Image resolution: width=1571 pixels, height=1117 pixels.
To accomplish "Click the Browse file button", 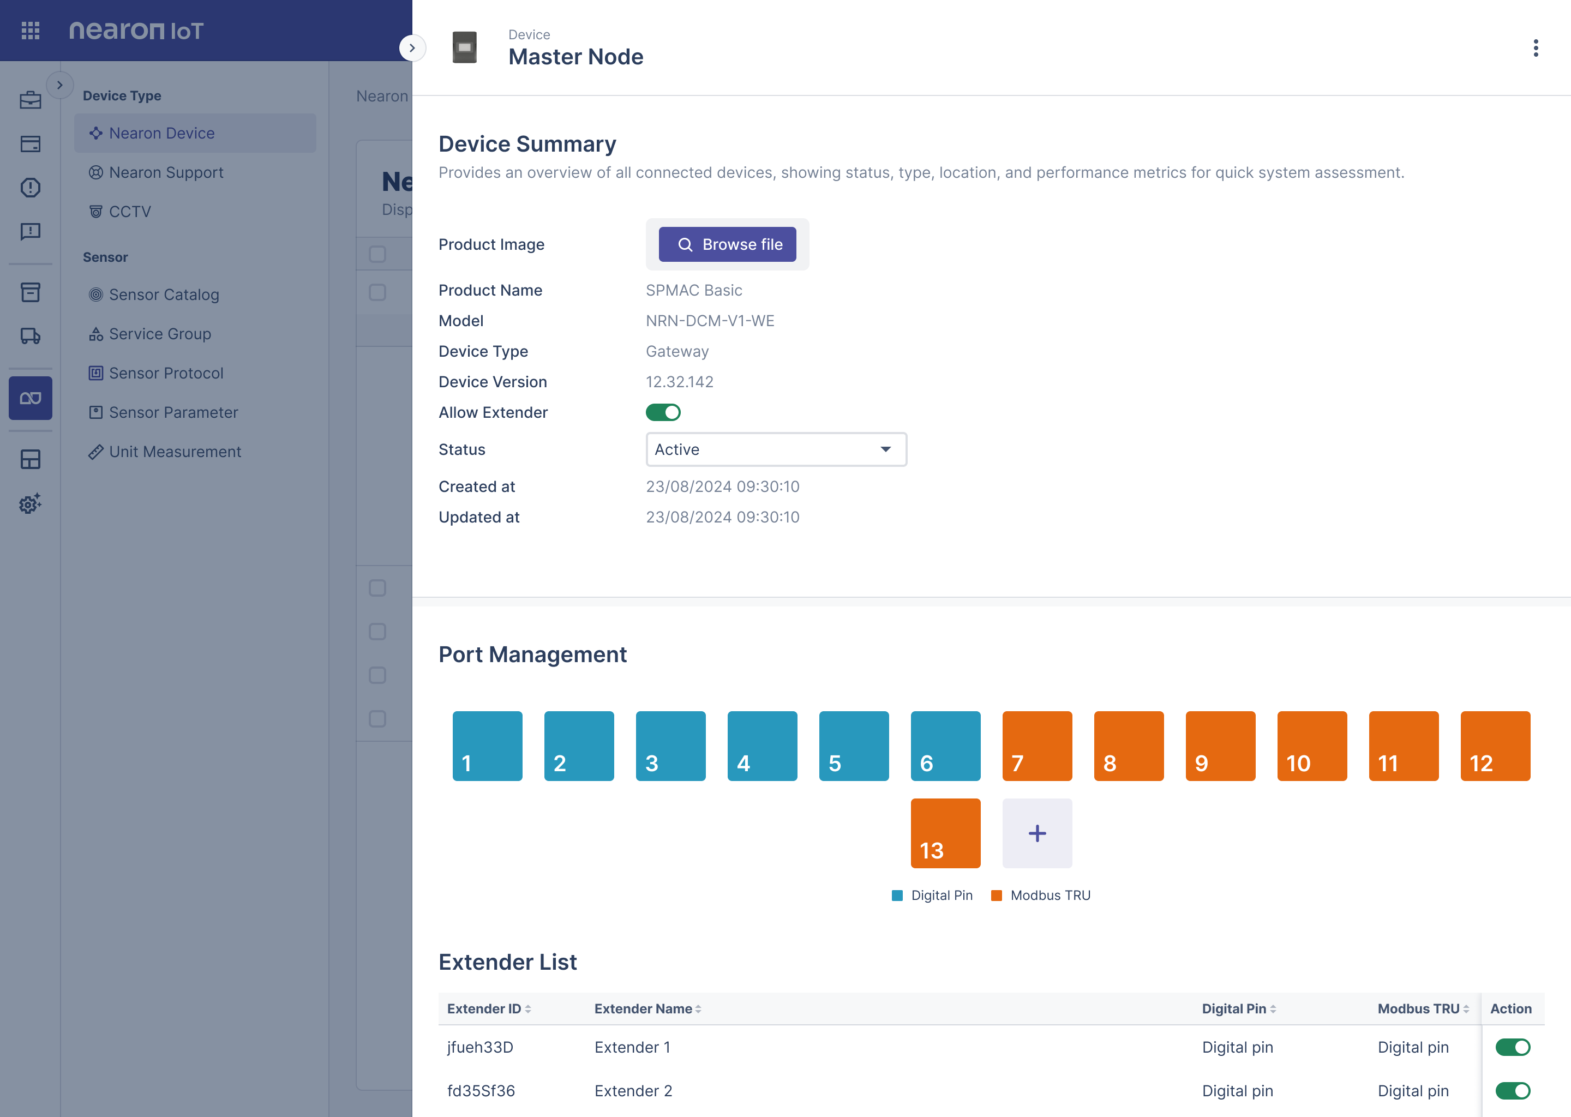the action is coord(727,244).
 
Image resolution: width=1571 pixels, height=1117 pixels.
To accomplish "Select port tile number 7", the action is coord(1036,746).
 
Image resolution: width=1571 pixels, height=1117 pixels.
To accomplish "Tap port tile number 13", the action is coord(945,833).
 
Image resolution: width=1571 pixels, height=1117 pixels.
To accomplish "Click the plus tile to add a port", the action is coord(1036,833).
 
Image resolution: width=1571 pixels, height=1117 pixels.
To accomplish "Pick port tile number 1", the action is coord(487,746).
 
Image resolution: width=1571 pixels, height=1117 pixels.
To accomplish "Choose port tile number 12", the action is coord(1495,746).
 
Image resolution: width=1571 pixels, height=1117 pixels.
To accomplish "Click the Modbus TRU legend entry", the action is coord(1041,895).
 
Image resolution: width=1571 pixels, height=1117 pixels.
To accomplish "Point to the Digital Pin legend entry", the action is coord(932,895).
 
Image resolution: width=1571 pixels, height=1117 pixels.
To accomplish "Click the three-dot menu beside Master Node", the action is coord(1535,47).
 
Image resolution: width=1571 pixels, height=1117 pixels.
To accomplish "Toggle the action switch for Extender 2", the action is coord(1513,1090).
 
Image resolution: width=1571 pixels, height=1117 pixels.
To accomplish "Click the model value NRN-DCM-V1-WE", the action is coord(710,321).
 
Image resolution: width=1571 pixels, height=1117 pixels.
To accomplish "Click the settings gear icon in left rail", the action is coord(30,503).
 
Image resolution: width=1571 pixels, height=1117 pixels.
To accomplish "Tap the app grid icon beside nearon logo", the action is coord(30,30).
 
